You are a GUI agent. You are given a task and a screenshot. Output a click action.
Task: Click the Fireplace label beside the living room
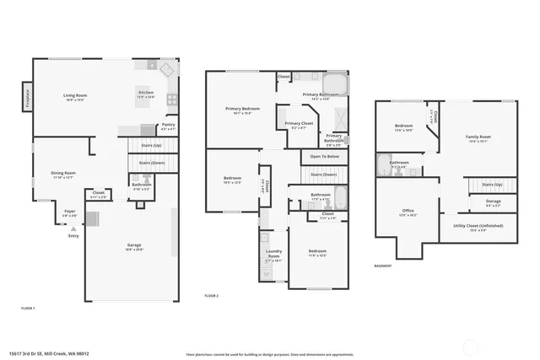28,97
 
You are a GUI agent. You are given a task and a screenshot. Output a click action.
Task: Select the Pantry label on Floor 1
168,126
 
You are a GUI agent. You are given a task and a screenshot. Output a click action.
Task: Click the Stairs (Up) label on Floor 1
152,145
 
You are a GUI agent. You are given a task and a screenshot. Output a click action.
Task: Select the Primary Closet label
298,125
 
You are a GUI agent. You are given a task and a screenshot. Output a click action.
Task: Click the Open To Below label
324,157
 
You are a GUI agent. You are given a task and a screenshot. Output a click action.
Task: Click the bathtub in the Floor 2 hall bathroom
339,199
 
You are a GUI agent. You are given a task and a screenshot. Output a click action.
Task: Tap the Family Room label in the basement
478,138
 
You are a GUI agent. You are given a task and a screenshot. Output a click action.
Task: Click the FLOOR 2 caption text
212,296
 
